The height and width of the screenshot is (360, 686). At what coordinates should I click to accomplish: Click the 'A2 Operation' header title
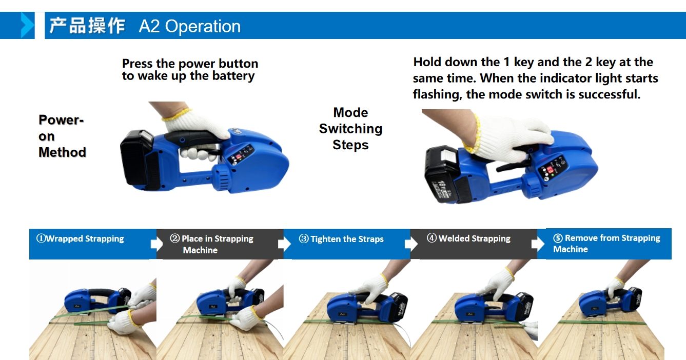coord(189,26)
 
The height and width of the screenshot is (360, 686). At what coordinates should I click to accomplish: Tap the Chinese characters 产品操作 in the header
coord(87,26)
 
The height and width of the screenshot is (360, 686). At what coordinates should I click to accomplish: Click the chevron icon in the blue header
coord(27,26)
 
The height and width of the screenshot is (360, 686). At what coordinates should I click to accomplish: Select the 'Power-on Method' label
coord(62,136)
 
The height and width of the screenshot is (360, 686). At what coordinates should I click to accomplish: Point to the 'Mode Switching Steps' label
coord(350,129)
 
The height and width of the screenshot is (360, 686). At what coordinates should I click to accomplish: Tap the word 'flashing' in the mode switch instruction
coord(437,94)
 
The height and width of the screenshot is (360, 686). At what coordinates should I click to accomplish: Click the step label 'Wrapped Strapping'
coord(85,238)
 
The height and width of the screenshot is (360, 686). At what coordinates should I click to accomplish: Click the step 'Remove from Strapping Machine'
coord(606,244)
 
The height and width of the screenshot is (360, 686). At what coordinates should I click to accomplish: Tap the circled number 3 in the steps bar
coord(304,239)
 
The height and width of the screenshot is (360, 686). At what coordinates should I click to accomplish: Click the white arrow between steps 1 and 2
coord(157,244)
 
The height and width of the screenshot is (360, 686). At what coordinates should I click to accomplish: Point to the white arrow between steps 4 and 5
coord(538,244)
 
